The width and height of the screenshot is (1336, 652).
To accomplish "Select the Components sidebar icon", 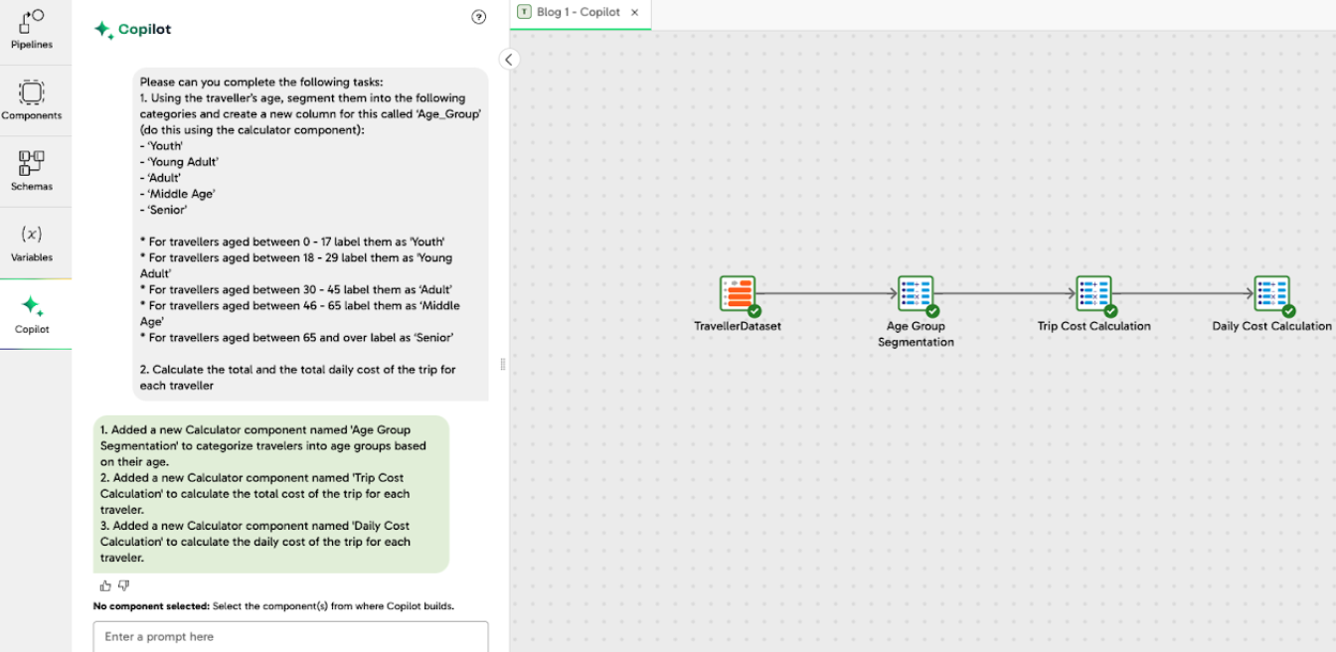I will point(32,93).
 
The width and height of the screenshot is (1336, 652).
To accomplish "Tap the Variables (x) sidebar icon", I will point(32,235).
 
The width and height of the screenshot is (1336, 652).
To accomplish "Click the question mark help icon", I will point(479,17).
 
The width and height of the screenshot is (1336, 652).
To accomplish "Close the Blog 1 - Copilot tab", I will point(635,13).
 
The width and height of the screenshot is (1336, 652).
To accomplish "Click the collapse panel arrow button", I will point(509,60).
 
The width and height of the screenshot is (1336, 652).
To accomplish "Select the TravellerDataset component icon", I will point(738,293).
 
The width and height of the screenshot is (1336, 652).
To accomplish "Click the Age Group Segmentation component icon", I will point(916,293).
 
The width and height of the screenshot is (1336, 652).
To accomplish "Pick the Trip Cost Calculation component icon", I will point(1093,293).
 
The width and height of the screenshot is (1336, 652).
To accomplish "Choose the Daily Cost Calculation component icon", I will point(1271,293).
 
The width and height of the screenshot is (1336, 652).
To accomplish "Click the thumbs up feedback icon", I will point(106,585).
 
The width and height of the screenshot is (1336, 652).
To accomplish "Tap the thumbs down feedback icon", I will point(124,585).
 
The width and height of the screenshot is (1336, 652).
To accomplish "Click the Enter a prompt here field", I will point(290,637).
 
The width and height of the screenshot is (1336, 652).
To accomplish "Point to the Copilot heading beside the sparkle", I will point(144,30).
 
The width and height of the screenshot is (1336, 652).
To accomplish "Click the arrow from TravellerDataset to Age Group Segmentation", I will point(826,293).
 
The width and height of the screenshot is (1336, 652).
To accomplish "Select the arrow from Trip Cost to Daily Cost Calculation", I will point(1183,293).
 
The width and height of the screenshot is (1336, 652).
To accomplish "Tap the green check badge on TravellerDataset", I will point(754,311).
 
